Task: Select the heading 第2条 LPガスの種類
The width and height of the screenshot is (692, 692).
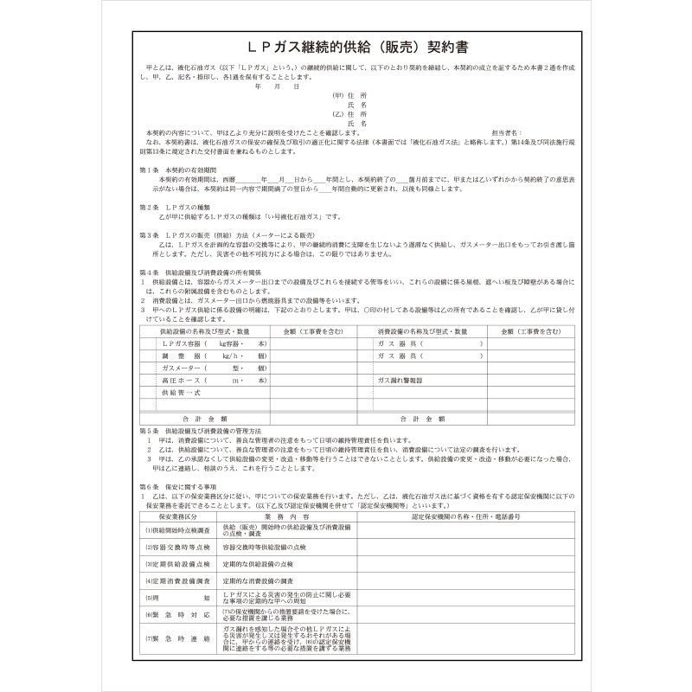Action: [170, 208]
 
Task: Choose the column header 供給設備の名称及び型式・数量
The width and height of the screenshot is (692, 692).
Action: [205, 331]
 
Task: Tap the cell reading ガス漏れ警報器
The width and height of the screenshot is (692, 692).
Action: [399, 380]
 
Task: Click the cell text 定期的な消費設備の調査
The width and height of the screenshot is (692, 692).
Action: [259, 580]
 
